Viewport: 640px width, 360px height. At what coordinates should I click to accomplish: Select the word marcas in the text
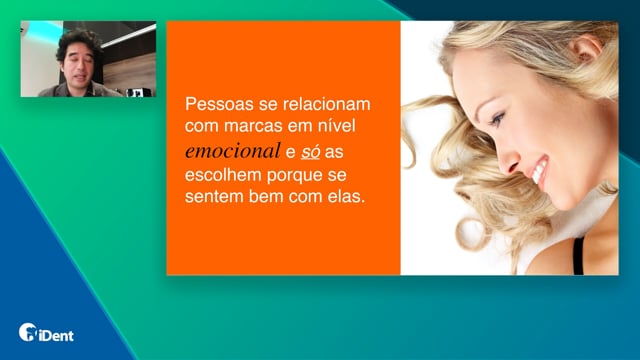tap(253, 126)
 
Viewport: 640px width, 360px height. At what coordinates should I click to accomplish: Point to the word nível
tap(336, 125)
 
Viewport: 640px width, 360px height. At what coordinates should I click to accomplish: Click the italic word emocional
tap(233, 151)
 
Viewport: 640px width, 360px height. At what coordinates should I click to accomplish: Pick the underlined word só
tap(310, 151)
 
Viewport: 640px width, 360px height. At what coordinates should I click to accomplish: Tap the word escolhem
tap(223, 175)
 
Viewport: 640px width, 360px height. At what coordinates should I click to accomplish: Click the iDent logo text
tap(56, 336)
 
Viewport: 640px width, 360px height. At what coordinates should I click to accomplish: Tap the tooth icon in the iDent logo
tap(28, 332)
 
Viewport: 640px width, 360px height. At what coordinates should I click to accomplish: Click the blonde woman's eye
tap(497, 119)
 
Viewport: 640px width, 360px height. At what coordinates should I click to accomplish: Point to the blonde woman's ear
tap(587, 47)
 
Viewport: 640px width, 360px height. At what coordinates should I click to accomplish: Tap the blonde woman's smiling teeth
tap(540, 171)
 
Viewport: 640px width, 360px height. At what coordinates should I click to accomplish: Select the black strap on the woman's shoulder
tap(578, 255)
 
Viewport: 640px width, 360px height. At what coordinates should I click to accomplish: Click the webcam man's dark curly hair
tap(79, 42)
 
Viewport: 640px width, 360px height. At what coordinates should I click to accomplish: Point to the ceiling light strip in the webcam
tap(129, 36)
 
